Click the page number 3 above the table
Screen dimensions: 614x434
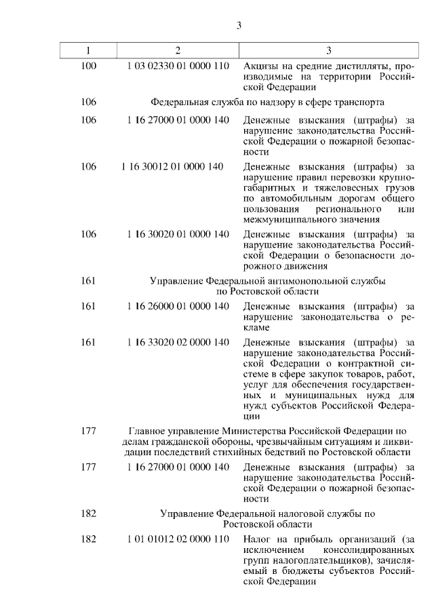[239, 26]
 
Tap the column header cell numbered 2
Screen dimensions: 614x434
[178, 50]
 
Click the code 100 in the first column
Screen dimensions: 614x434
[88, 66]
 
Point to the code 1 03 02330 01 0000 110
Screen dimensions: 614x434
[178, 66]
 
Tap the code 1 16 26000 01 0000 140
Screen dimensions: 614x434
[178, 307]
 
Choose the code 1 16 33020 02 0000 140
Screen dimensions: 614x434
[178, 342]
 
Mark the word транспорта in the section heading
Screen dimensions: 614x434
[361, 103]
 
